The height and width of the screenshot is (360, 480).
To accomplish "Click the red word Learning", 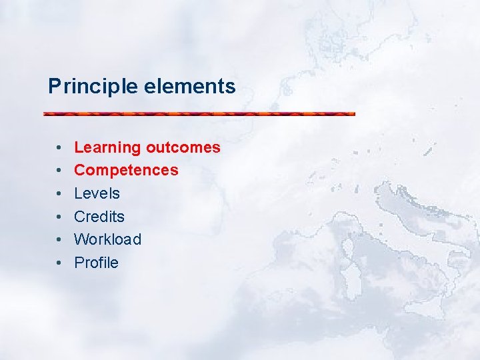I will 107,147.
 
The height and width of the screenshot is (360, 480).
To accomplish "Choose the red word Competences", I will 126,170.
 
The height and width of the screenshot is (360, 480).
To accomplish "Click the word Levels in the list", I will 97,193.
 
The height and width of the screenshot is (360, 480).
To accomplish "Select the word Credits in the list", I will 99,216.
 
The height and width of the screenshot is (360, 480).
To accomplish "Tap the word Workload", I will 107,239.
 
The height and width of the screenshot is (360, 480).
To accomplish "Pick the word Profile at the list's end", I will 96,263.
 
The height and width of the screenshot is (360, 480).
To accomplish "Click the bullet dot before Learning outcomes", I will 59,147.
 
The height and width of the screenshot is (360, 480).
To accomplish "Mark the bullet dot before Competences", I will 59,171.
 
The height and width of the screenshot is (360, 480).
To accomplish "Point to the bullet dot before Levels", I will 59,193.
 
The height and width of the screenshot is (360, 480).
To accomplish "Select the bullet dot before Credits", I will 59,217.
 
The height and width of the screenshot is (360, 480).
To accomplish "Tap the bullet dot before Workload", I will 59,239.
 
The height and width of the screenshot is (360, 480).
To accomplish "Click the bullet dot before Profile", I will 59,263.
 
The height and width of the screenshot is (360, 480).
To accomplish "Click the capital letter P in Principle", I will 53,87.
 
